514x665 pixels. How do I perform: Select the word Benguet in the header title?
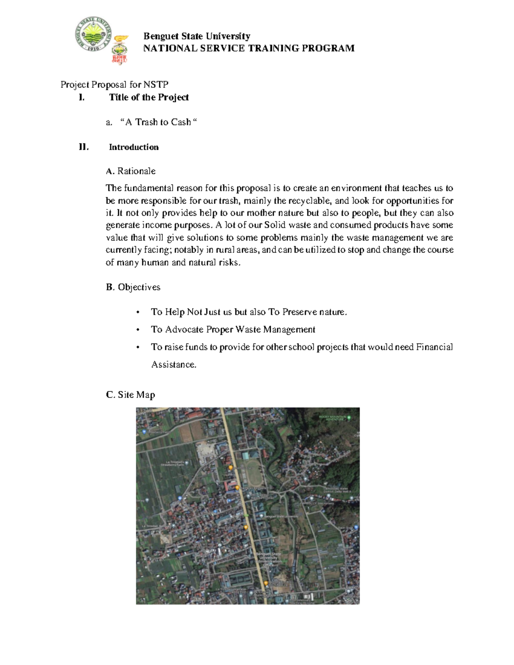pyautogui.click(x=161, y=36)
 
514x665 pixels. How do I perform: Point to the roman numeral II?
pyautogui.click(x=84, y=147)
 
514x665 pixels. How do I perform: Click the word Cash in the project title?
pyautogui.click(x=180, y=122)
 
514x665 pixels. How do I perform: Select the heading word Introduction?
pyautogui.click(x=134, y=147)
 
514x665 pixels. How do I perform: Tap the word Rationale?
pyautogui.click(x=136, y=171)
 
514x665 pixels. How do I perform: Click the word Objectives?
pyautogui.click(x=139, y=287)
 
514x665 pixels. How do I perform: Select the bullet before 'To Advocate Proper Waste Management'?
pyautogui.click(x=137, y=330)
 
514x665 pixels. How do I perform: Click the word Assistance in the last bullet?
pyautogui.click(x=173, y=364)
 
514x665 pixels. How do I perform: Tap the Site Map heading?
pyautogui.click(x=130, y=394)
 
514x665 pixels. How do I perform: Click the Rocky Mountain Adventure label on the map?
pyautogui.click(x=332, y=417)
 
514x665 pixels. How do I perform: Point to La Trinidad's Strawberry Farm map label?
pyautogui.click(x=172, y=463)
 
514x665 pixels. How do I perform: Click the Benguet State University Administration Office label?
pyautogui.click(x=269, y=559)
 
